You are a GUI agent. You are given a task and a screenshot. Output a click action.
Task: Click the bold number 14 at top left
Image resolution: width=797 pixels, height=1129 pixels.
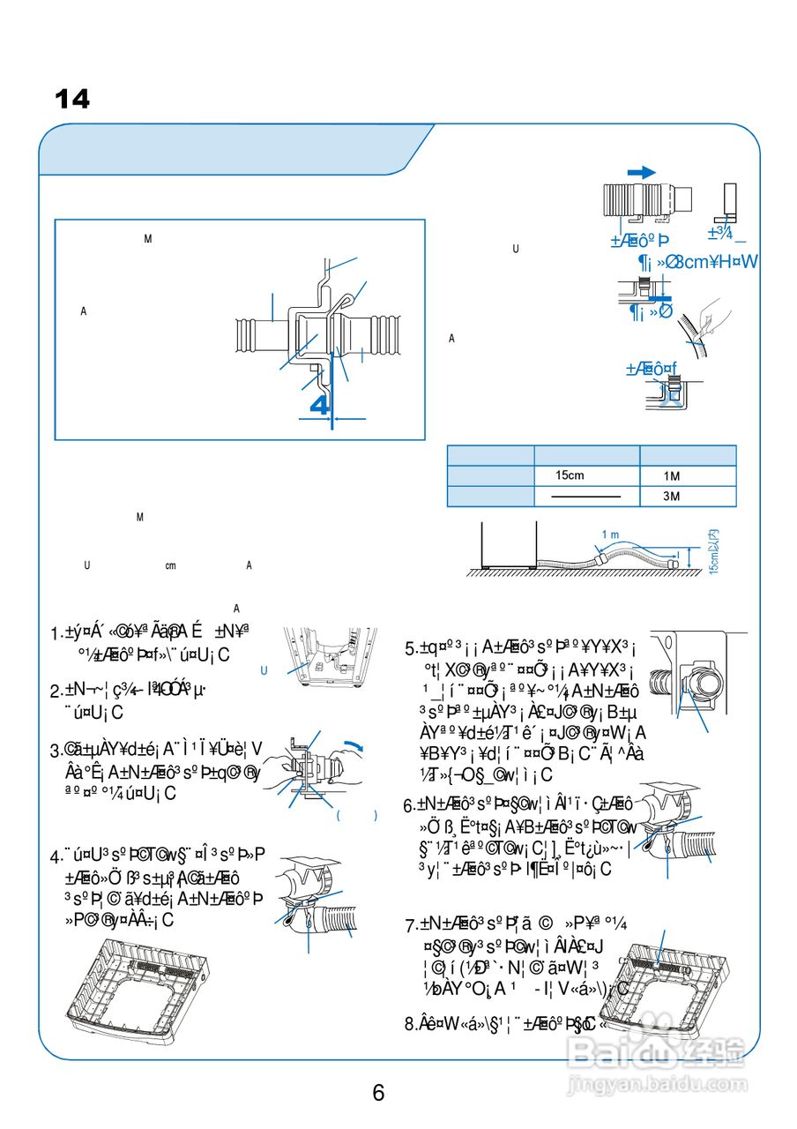tap(72, 100)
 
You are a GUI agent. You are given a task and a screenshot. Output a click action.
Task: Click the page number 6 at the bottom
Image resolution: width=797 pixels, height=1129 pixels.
tap(378, 1093)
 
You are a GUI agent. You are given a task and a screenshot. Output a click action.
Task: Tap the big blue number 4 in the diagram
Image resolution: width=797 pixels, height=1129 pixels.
tap(321, 405)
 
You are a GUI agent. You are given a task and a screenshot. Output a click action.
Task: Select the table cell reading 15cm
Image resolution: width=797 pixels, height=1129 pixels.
tap(570, 476)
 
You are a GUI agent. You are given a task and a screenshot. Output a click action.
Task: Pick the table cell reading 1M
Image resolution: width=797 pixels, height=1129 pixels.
tap(672, 477)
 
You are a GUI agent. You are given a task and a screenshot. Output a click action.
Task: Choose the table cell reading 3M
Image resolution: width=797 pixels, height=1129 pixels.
tap(672, 497)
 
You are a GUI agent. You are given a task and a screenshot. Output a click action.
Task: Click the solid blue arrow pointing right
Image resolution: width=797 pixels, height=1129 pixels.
tap(641, 172)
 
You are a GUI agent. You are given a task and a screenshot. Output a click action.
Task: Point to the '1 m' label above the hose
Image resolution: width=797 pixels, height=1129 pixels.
tap(610, 535)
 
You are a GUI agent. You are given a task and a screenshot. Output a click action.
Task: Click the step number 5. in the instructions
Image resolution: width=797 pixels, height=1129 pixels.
tap(411, 650)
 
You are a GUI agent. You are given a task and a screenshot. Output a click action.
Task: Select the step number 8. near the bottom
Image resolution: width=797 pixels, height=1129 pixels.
tap(411, 1024)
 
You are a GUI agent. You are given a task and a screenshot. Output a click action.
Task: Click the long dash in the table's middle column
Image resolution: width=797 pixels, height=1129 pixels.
tap(585, 497)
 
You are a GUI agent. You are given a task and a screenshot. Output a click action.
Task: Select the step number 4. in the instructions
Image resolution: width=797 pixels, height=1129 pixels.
tap(56, 856)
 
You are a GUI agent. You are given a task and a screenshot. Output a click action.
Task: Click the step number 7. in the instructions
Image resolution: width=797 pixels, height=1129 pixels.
tap(411, 926)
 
